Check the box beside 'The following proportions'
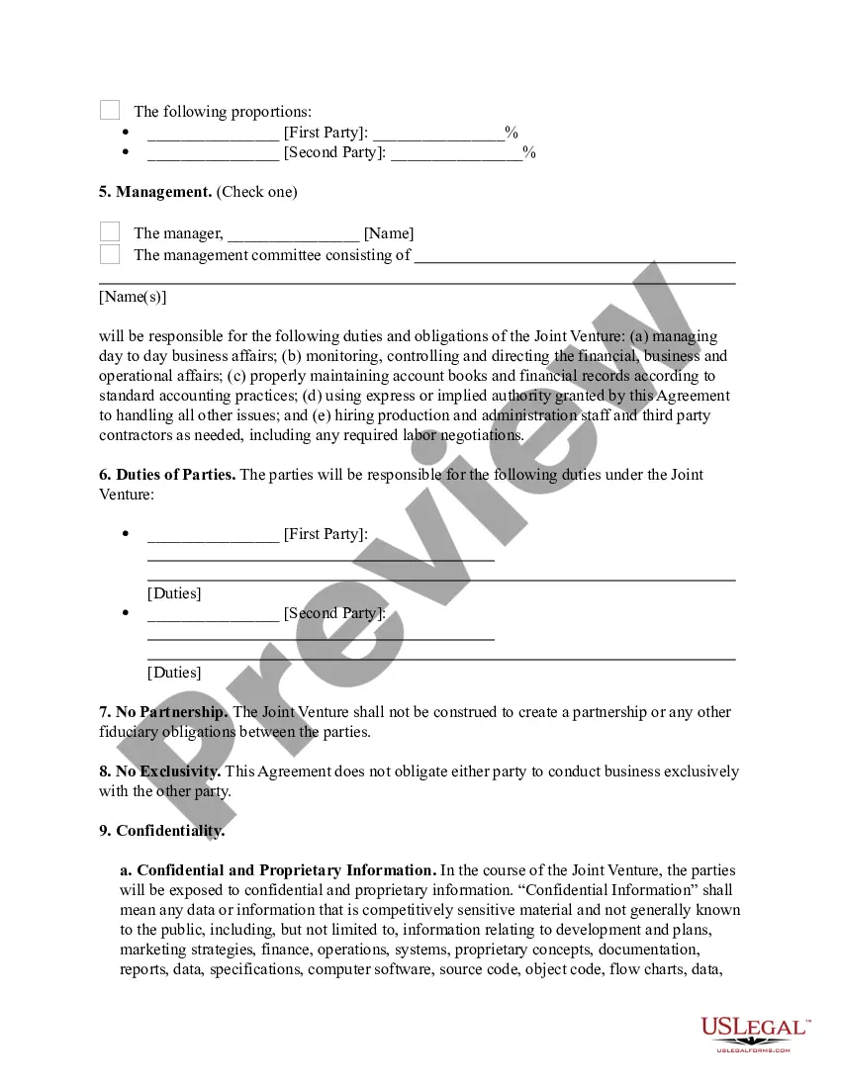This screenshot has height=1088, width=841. pyautogui.click(x=110, y=111)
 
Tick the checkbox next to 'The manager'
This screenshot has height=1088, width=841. pyautogui.click(x=110, y=232)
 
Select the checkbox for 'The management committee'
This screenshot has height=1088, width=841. pyautogui.click(x=110, y=254)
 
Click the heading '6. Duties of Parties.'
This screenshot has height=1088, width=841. pyautogui.click(x=167, y=475)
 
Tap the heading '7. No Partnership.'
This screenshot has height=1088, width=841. pyautogui.click(x=163, y=712)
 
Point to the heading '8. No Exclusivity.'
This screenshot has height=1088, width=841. pyautogui.click(x=160, y=771)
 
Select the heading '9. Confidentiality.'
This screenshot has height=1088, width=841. pyautogui.click(x=162, y=831)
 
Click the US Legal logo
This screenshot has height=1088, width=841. pyautogui.click(x=754, y=1033)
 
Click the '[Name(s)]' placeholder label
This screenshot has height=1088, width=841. pyautogui.click(x=133, y=297)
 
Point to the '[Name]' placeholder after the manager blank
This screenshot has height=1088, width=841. pyautogui.click(x=389, y=233)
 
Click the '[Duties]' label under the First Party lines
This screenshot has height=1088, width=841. pyautogui.click(x=174, y=593)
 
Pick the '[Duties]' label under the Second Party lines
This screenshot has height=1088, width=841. pyautogui.click(x=174, y=673)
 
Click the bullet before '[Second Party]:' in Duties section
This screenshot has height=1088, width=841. pyautogui.click(x=126, y=613)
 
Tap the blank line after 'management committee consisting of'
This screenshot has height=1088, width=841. pyautogui.click(x=575, y=259)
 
